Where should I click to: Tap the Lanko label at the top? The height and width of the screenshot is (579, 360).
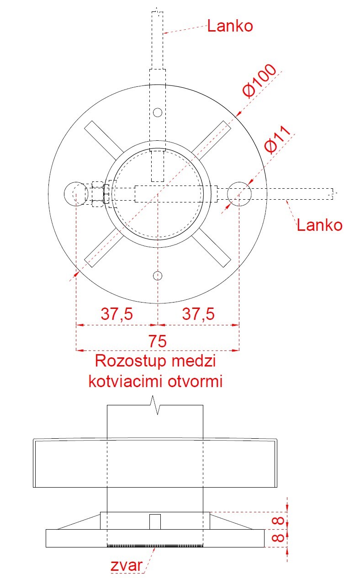230,26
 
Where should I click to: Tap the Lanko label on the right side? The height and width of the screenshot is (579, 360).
319,225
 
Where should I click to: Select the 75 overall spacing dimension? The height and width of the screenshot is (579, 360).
157,341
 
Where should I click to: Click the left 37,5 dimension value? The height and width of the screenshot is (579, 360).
116,314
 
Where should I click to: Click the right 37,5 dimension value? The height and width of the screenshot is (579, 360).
198,314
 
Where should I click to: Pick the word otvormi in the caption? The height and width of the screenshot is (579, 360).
195,381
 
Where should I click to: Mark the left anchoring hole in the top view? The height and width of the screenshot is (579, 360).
75,194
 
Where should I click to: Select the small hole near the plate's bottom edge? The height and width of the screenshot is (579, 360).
158,275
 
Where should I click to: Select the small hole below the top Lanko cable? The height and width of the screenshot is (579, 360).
158,112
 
